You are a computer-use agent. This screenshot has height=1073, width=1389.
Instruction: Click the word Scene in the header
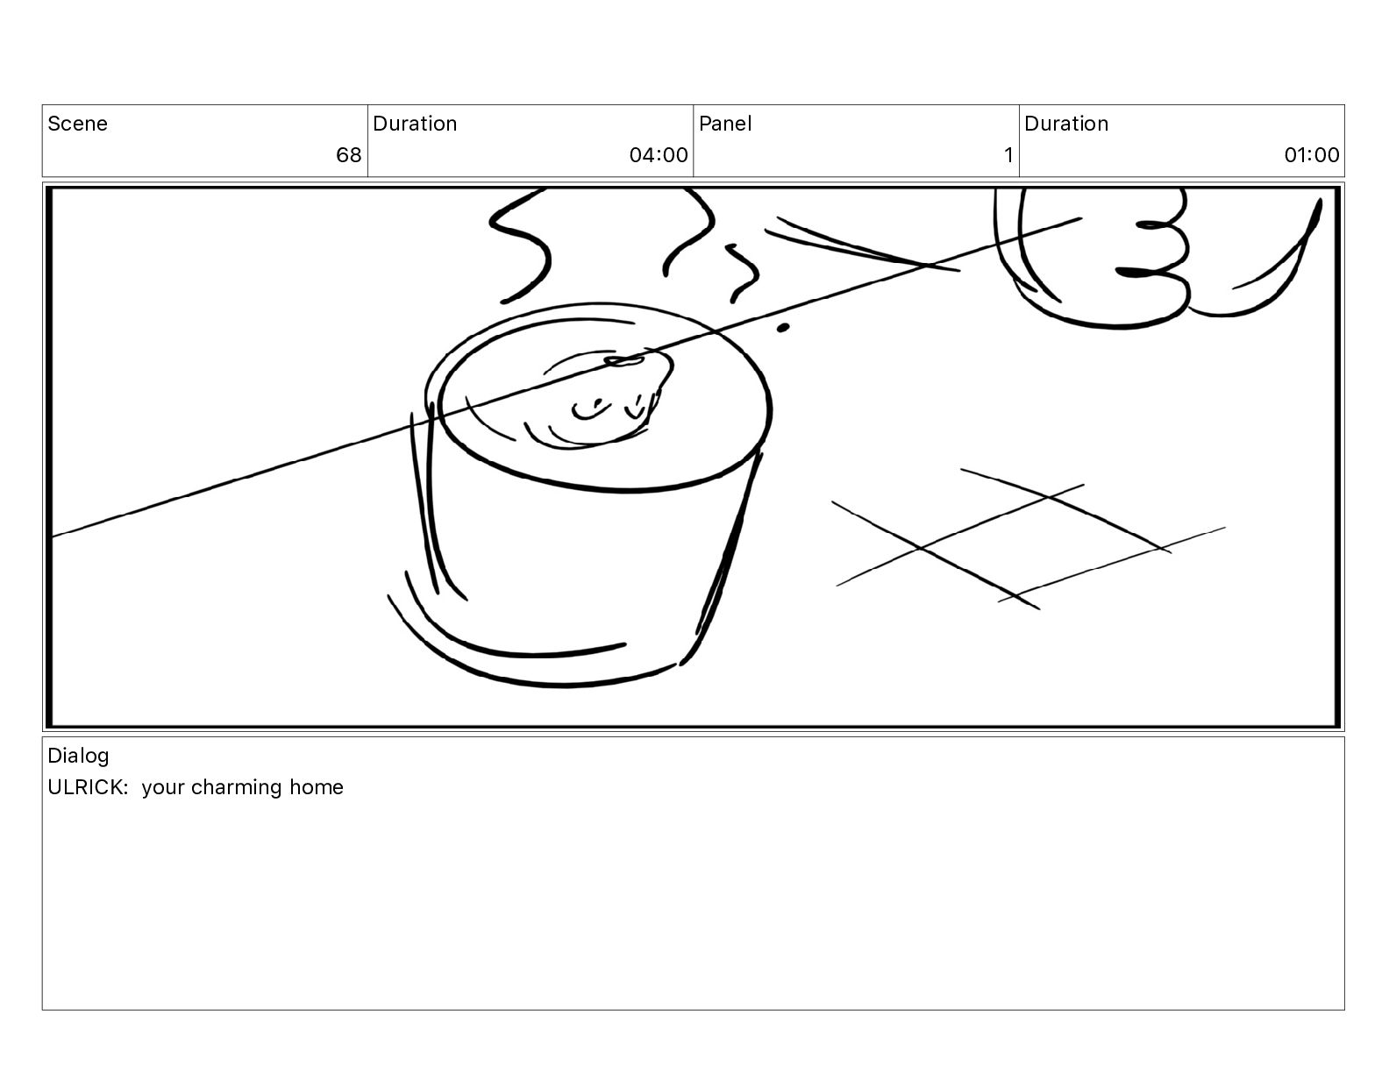77,124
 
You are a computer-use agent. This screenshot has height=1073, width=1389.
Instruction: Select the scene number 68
349,154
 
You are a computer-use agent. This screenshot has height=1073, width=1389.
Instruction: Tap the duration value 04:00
659,154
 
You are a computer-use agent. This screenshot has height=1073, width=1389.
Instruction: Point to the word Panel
725,124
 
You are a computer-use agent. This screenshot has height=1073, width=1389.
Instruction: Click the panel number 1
1008,154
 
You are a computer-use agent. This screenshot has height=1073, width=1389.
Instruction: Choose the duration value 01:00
1312,154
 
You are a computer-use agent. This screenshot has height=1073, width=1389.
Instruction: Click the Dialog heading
78,756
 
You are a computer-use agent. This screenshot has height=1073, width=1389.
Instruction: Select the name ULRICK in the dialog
88,787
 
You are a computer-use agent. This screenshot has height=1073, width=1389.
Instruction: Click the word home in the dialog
317,787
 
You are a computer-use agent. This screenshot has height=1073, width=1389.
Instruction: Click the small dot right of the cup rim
783,328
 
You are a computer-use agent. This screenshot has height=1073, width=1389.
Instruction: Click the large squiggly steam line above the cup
520,246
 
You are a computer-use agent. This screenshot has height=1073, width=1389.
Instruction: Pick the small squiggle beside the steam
744,272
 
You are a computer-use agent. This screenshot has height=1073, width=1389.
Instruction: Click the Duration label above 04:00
415,124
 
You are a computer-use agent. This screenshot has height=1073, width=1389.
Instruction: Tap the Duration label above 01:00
1066,124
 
